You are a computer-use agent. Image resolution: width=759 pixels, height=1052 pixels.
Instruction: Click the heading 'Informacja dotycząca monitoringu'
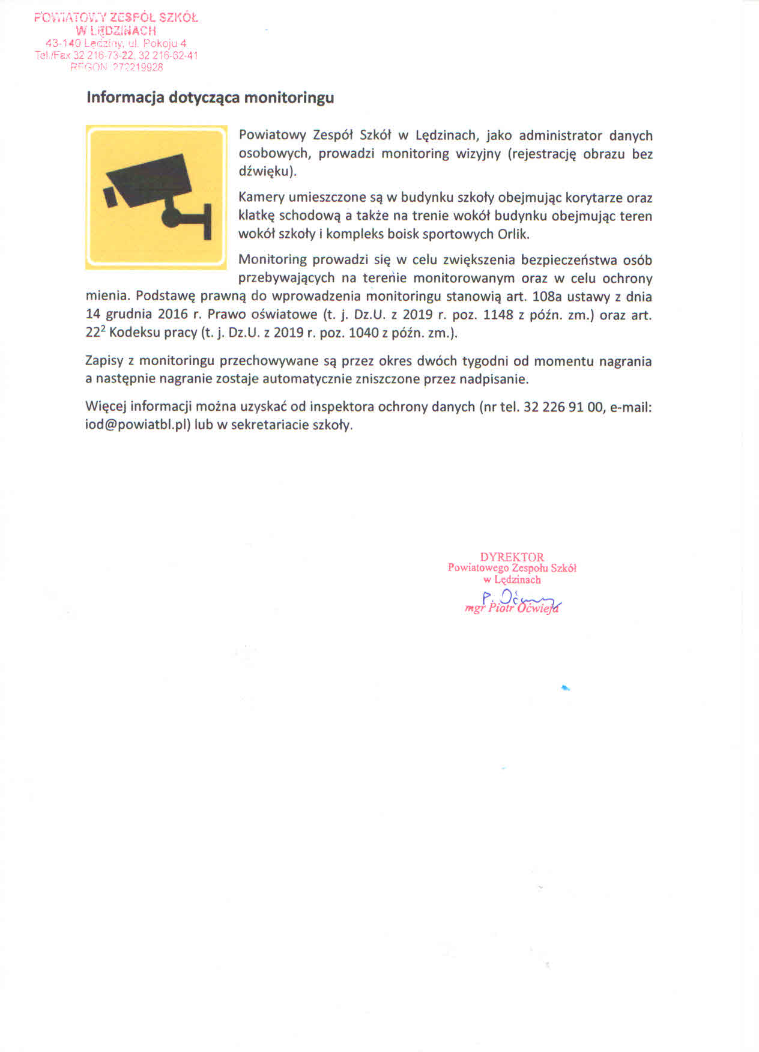pos(210,97)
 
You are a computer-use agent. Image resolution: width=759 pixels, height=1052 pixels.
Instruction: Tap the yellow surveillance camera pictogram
pos(156,197)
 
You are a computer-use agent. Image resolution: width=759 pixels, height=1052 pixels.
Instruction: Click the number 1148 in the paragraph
pos(498,315)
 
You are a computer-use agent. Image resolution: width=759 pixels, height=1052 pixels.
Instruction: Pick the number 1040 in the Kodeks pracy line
pos(363,333)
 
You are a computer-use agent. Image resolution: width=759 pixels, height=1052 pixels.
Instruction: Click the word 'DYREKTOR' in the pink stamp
pos(512,557)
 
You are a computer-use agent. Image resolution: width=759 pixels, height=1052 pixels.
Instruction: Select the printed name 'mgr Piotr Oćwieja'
pos(512,608)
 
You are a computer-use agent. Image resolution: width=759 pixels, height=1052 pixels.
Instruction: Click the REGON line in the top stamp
pos(116,67)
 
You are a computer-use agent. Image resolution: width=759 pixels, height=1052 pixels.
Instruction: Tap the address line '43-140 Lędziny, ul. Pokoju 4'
pos(116,43)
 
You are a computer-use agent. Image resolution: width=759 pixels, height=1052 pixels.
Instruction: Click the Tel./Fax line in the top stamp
pos(116,55)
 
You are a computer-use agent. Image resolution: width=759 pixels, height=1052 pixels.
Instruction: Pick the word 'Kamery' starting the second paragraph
pos(261,198)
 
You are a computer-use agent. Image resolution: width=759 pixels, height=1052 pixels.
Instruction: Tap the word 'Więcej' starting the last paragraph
pos(106,407)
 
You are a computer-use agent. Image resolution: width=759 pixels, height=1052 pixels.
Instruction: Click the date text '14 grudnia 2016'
pos(137,315)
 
